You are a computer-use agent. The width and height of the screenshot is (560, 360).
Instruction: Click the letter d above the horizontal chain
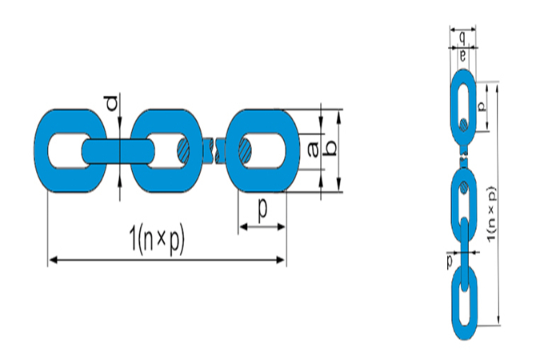(x=113, y=102)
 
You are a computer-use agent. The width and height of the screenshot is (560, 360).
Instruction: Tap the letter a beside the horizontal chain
(x=313, y=148)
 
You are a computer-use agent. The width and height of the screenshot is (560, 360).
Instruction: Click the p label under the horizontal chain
(x=262, y=210)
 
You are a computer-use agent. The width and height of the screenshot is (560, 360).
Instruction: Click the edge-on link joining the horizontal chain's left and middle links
(x=118, y=150)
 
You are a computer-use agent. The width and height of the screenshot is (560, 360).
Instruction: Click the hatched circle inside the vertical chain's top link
(x=463, y=123)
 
